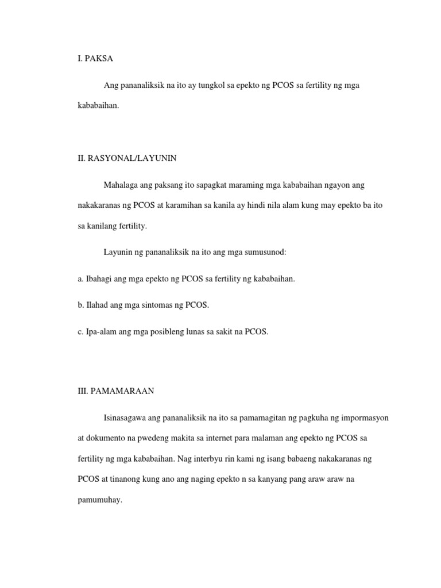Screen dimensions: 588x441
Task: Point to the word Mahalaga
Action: tap(121, 185)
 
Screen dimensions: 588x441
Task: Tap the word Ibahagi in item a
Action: tap(100, 278)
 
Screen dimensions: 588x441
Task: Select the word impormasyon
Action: tap(363, 417)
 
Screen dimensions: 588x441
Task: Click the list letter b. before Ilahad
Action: tap(80, 305)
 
